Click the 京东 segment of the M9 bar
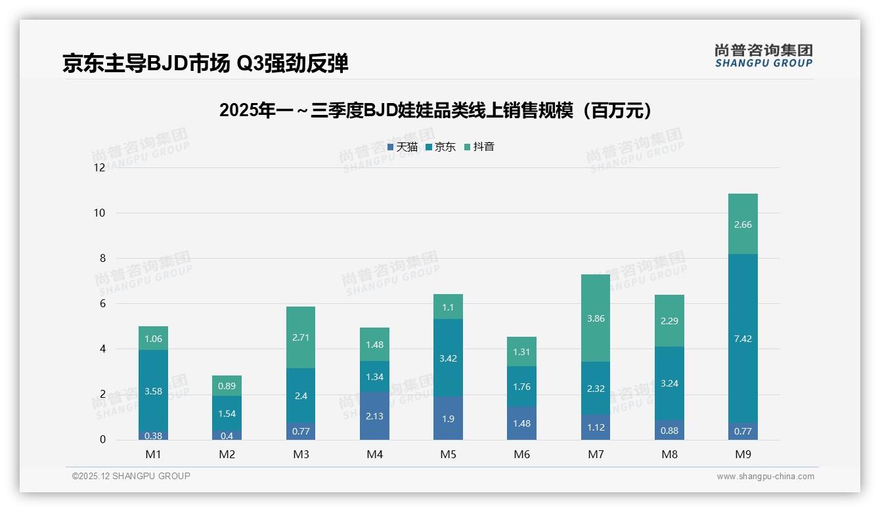coord(742,338)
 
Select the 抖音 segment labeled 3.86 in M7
coord(595,318)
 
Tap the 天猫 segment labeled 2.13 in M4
coord(374,416)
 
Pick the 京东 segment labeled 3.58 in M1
coord(153,391)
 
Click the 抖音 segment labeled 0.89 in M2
coord(227,386)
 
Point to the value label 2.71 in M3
coord(300,337)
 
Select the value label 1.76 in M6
coord(521,387)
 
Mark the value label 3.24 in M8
coord(669,383)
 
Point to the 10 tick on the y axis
coord(99,213)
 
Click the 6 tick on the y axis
coord(102,304)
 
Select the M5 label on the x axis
coord(448,454)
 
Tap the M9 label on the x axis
coord(743,454)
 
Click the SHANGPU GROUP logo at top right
coord(763,56)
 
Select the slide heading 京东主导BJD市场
coord(205,63)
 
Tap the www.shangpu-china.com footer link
coord(765,477)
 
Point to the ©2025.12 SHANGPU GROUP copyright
coord(131,476)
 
